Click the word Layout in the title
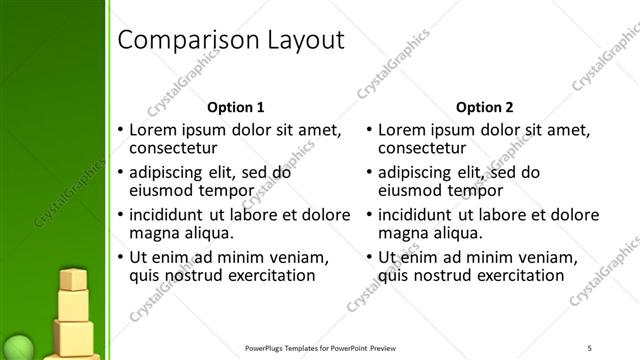pyautogui.click(x=301, y=41)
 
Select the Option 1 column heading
pyautogui.click(x=235, y=107)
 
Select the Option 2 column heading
pyautogui.click(x=485, y=107)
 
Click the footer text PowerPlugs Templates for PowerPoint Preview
pyautogui.click(x=330, y=348)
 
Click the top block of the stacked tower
pyautogui.click(x=74, y=280)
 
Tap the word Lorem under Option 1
pyautogui.click(x=154, y=130)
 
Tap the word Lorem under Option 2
pyautogui.click(x=404, y=130)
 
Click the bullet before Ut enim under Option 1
pyautogui.click(x=120, y=257)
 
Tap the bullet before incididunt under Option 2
pyautogui.click(x=370, y=215)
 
